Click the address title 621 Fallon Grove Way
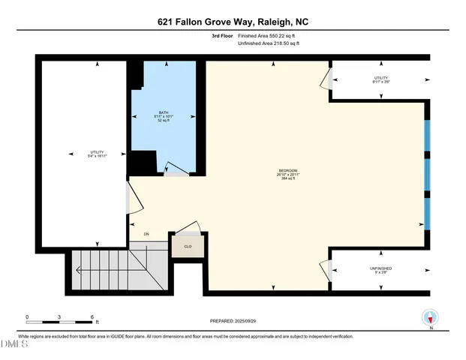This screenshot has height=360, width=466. pyautogui.click(x=233, y=22)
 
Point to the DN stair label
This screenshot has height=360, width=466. pyautogui.click(x=147, y=235)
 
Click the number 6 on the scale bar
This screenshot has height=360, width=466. pyautogui.click(x=91, y=317)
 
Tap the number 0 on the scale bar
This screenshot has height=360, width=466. pyautogui.click(x=27, y=317)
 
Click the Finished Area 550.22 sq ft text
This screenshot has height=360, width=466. pyautogui.click(x=267, y=36)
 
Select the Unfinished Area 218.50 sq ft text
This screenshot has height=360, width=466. pyautogui.click(x=267, y=44)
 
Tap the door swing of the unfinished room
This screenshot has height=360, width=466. pyautogui.click(x=325, y=268)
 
